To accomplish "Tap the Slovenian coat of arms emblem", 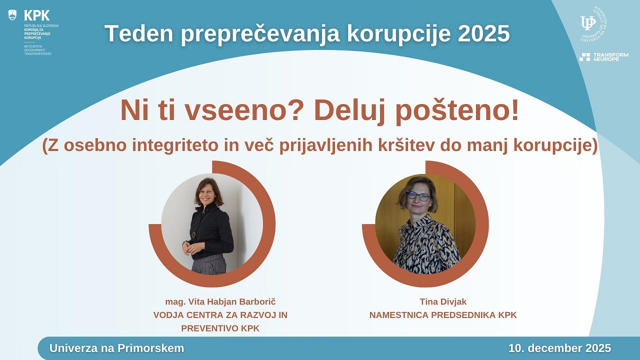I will tap(12, 15).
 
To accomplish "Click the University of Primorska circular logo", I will tap(593, 23).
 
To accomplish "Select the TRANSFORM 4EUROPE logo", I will tap(603, 56).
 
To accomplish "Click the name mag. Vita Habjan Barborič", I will tap(220, 302).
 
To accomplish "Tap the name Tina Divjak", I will tap(443, 301).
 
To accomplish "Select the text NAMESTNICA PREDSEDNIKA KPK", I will tap(443, 315).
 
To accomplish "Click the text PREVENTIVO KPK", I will tap(220, 328).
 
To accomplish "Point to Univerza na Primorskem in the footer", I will tap(116, 348).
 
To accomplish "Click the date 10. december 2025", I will tap(559, 348).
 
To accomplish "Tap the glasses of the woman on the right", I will tap(417, 196).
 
